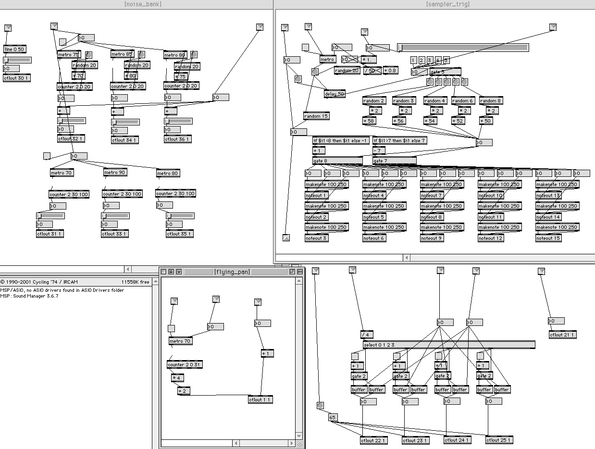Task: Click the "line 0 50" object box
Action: (x=14, y=49)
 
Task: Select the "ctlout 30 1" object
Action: (x=17, y=78)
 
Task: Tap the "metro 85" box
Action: (x=122, y=54)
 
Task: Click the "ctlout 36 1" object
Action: (x=178, y=139)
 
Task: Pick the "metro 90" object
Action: (x=115, y=173)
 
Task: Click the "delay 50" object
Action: (x=335, y=94)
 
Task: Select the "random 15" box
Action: (x=316, y=116)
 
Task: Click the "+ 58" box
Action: (x=370, y=121)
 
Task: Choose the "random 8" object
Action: (x=490, y=101)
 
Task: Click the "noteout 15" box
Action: (x=548, y=238)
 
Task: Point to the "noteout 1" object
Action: (x=317, y=196)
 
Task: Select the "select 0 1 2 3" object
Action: (x=448, y=345)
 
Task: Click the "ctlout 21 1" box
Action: (x=562, y=335)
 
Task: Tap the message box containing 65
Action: (x=333, y=417)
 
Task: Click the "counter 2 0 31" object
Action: (x=185, y=365)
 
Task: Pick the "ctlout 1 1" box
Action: (x=260, y=400)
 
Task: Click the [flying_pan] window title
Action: (x=232, y=272)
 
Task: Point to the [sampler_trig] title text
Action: (x=448, y=4)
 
